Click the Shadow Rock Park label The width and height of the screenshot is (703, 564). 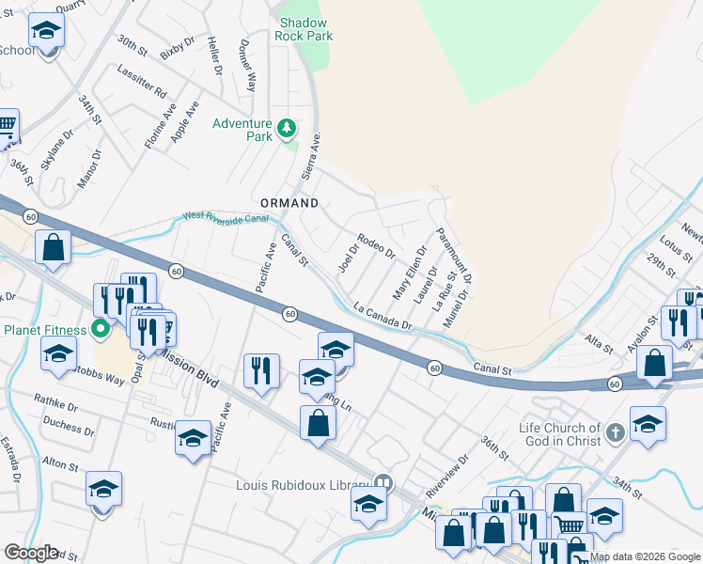304,29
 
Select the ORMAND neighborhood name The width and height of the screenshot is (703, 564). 289,203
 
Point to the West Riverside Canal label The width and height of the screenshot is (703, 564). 226,218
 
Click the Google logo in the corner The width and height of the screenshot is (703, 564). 30,553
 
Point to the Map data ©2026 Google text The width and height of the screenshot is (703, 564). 645,556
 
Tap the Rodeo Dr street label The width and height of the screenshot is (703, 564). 377,245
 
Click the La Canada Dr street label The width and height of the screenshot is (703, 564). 383,316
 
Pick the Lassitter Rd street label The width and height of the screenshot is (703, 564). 142,82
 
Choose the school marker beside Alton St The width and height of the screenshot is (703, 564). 104,491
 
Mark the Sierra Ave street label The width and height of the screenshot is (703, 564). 311,156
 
